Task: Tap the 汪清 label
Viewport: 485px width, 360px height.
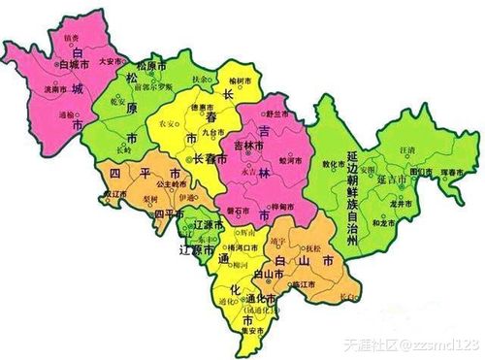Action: point(407,152)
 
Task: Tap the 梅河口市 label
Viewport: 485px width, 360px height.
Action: point(234,249)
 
